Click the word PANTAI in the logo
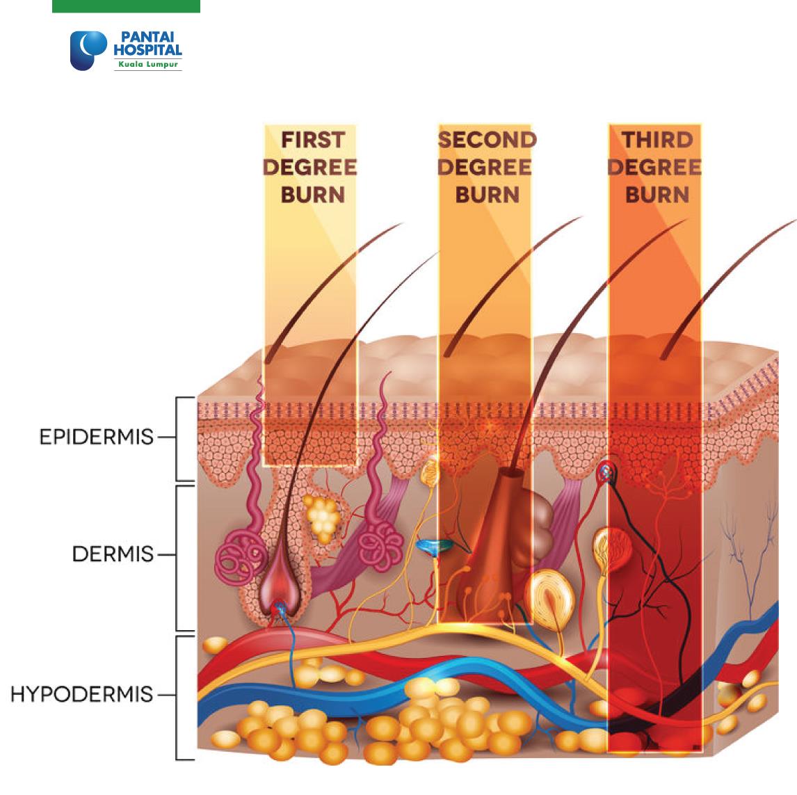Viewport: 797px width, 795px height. coord(147,37)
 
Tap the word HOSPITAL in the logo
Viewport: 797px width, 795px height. coord(147,50)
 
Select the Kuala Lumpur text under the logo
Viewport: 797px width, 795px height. coord(148,65)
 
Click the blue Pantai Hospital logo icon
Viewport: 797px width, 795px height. coord(88,50)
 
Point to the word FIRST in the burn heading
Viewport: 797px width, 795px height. coord(313,140)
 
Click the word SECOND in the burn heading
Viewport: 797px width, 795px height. coord(487,140)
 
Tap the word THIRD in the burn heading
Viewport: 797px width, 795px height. coord(657,140)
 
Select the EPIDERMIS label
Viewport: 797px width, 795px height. coord(97,437)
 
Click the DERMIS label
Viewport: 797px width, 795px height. coord(113,554)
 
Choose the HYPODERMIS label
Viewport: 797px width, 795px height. coord(82,694)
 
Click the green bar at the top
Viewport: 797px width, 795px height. coord(126,6)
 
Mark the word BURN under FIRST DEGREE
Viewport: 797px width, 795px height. coord(313,195)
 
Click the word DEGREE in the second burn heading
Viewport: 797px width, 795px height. coord(485,167)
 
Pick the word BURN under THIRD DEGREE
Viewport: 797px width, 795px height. coord(657,195)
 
